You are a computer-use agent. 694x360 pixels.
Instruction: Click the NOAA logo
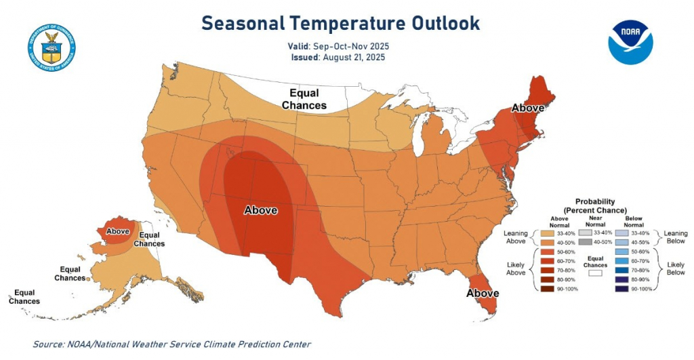630,43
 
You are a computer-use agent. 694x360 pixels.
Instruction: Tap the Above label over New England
528,108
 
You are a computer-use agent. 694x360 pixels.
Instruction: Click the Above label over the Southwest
260,210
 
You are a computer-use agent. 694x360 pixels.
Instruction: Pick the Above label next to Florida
482,293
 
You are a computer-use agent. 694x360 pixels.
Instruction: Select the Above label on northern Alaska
118,231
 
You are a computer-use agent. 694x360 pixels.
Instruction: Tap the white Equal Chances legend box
595,275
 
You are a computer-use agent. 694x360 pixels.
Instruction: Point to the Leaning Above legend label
515,237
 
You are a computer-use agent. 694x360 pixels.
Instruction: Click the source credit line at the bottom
171,344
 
